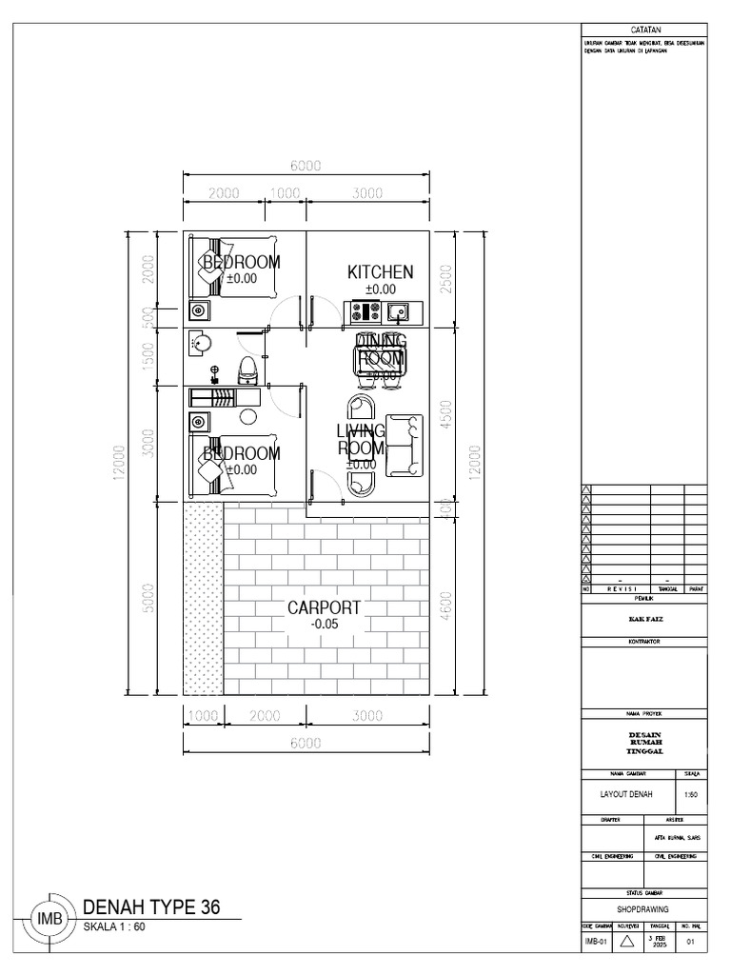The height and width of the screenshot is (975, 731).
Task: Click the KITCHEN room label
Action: point(380,272)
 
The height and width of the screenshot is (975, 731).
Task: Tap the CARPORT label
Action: point(325,607)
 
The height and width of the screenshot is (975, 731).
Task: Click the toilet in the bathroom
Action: point(247,368)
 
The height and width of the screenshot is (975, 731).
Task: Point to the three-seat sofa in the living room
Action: point(403,446)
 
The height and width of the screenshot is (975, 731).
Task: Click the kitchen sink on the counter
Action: point(397,310)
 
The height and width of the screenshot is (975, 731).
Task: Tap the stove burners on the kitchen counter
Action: point(365,310)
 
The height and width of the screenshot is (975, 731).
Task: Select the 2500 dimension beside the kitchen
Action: point(445,279)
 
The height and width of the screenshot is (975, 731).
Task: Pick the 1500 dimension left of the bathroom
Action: point(148,358)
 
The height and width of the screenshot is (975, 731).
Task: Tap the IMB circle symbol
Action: point(49,920)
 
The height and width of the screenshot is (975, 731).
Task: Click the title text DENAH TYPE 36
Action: point(152,907)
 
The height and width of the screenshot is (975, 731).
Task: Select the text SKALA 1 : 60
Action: point(115,926)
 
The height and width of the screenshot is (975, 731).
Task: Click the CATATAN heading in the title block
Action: point(644,31)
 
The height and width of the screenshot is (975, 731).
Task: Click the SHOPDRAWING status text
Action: point(643,909)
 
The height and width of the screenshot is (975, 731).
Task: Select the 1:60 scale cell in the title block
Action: point(690,793)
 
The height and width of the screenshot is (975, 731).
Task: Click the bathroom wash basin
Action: point(200,343)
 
